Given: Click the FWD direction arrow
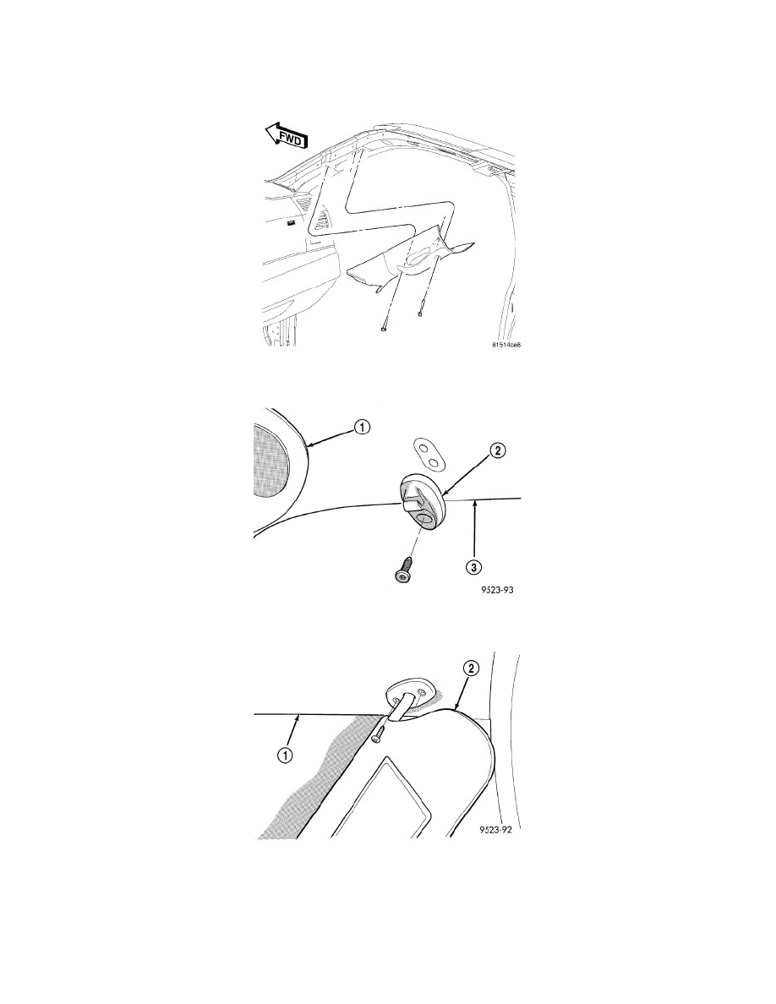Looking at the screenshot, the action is (287, 136).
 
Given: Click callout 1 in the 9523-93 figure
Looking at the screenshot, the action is (362, 428).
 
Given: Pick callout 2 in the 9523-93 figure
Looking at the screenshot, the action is (498, 451).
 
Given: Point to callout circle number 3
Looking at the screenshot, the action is (473, 567).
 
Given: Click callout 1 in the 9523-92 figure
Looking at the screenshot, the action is (285, 756).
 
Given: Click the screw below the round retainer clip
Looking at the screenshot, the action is (402, 567).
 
